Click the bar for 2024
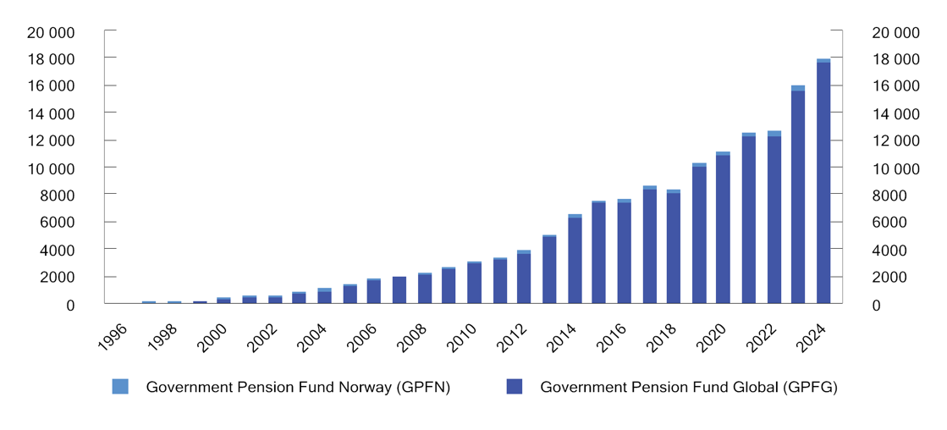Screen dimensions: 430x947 (823, 181)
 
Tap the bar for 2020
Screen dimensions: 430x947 (723, 228)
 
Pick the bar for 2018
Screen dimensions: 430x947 (674, 246)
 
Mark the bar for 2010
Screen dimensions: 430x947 (474, 283)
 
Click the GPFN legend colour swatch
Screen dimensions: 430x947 (120, 387)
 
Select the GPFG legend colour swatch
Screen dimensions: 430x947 (515, 387)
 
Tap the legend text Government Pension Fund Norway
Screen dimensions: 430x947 (298, 388)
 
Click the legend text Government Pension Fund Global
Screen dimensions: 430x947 (688, 388)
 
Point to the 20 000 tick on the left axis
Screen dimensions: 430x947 (51, 32)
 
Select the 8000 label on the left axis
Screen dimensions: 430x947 (58, 196)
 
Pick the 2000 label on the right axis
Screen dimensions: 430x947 (888, 278)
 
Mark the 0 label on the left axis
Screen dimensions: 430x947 (70, 305)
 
